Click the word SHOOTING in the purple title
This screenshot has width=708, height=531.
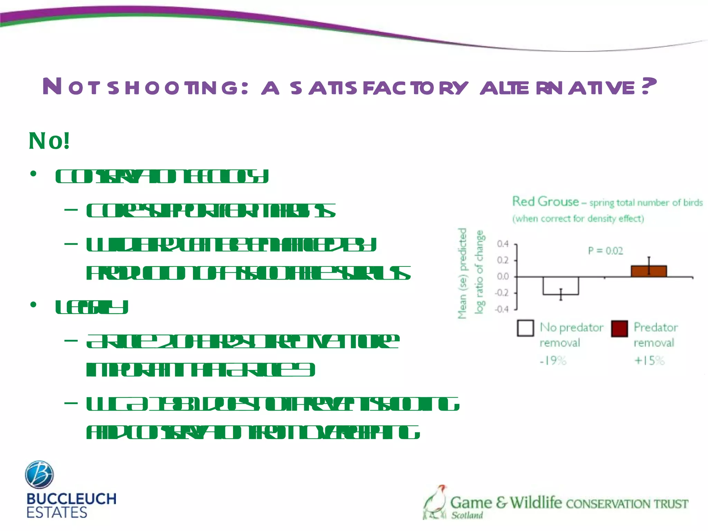[x=173, y=87]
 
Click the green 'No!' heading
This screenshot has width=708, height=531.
[x=49, y=141]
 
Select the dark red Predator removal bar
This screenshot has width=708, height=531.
[x=649, y=271]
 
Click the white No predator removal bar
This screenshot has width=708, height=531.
[x=560, y=286]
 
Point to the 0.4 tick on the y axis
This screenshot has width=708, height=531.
[x=503, y=244]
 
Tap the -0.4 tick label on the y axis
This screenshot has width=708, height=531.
[x=502, y=309]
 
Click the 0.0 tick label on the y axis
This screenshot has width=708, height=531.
[x=503, y=277]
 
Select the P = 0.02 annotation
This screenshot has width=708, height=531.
[x=605, y=251]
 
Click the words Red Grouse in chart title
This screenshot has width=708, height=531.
[x=545, y=202]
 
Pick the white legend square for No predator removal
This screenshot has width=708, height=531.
[x=525, y=328]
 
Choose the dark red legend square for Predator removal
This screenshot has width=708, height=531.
[x=619, y=328]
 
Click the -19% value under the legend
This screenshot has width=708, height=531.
[x=553, y=361]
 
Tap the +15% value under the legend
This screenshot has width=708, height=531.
[x=649, y=361]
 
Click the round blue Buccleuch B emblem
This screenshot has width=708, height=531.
[x=39, y=474]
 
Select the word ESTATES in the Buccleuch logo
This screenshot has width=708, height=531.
[x=57, y=512]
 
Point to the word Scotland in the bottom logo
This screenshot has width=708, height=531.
[x=467, y=515]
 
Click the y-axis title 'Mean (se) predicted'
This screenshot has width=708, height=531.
[x=462, y=273]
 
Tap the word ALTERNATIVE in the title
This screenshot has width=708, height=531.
[x=557, y=87]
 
